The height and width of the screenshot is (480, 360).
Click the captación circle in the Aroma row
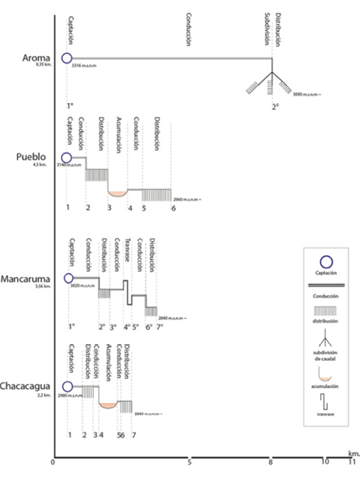click(67, 59)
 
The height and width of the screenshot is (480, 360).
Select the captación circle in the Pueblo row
click(67, 158)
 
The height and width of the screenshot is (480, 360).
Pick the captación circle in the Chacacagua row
click(67, 386)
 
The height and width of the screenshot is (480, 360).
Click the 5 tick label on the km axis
click(190, 462)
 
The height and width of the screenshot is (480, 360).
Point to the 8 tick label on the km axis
click(272, 462)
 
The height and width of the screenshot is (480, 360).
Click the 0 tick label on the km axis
click(53, 462)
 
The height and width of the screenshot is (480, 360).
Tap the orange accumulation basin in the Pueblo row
click(117, 191)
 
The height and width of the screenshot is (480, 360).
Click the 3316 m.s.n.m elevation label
click(84, 67)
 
